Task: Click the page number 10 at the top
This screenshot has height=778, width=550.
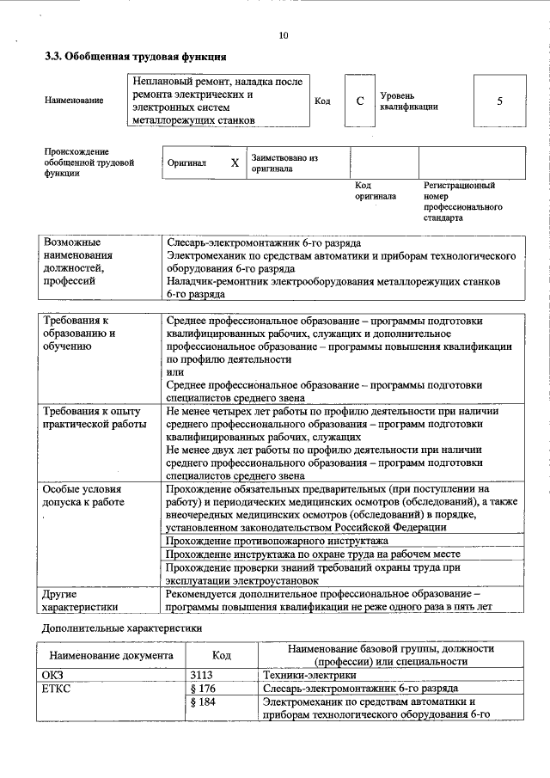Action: pyautogui.click(x=284, y=35)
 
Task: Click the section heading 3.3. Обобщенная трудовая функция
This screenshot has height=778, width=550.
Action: pyautogui.click(x=135, y=58)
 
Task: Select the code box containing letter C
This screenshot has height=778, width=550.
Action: pyautogui.click(x=360, y=101)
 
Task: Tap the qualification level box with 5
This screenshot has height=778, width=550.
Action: pyautogui.click(x=498, y=101)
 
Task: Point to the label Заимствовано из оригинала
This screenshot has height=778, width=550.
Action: pyautogui.click(x=284, y=163)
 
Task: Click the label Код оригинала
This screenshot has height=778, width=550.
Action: pyautogui.click(x=375, y=191)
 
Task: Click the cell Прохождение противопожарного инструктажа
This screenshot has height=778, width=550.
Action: pyautogui.click(x=277, y=541)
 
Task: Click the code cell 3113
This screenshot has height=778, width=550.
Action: pyautogui.click(x=200, y=675)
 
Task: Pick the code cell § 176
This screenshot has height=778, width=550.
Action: pyautogui.click(x=201, y=689)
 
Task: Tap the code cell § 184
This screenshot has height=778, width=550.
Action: pyautogui.click(x=201, y=702)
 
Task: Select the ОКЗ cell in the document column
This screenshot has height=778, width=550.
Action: pyautogui.click(x=53, y=675)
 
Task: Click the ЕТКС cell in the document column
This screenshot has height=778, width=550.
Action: pyautogui.click(x=56, y=689)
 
